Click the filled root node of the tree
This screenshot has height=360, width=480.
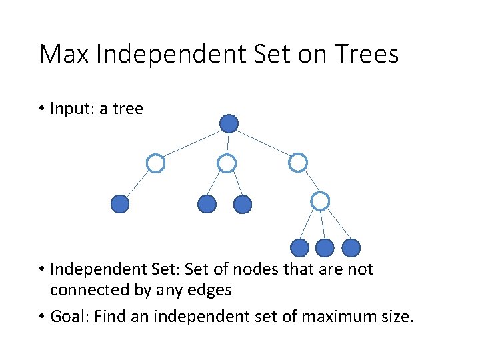click(x=229, y=123)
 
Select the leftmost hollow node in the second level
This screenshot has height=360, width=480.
click(x=155, y=163)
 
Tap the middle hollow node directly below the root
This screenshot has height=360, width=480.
click(x=227, y=163)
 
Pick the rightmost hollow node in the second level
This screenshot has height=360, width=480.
click(x=298, y=162)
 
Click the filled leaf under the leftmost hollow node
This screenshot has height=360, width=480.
click(x=119, y=204)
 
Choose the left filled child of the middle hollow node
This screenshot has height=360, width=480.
click(x=207, y=204)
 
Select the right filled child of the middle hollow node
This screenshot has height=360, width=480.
click(x=243, y=204)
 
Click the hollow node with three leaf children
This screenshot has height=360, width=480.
click(x=321, y=200)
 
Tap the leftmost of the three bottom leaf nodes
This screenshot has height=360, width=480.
click(x=300, y=248)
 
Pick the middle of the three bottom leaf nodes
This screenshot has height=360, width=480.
click(x=325, y=248)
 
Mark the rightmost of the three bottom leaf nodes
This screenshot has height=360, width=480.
click(x=351, y=248)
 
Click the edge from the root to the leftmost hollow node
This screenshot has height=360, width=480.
click(x=192, y=143)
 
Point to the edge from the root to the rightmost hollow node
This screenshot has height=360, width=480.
click(x=263, y=143)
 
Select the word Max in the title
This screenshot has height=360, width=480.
click(x=64, y=54)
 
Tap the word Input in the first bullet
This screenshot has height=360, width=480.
click(x=71, y=109)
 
